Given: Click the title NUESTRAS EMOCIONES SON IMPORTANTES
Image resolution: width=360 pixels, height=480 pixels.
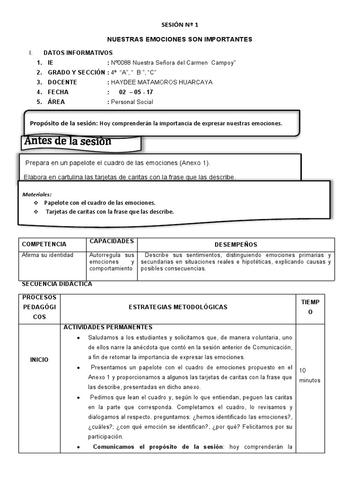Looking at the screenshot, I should coord(180,39).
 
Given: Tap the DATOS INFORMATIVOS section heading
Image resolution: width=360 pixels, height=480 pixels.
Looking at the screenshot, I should coord(78,53).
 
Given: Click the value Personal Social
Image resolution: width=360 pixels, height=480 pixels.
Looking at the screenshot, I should coord(132,102).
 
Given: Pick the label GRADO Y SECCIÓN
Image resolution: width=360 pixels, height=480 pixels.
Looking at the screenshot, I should coord(76,72).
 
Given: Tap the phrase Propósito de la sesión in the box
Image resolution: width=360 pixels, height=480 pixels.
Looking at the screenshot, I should coord(64,123).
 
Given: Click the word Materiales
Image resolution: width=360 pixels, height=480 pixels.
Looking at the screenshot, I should coord(37,194).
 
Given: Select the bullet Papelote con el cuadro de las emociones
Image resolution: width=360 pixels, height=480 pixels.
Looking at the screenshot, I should coord(99,203).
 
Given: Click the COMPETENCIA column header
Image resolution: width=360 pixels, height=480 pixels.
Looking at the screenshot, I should coord(45,244).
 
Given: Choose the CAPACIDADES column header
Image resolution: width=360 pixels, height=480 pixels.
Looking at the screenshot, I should coord(112,241).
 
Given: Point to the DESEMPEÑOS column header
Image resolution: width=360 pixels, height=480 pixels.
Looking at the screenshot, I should coord(236,245).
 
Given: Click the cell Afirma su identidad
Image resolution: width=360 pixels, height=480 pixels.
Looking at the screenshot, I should coord(48,255).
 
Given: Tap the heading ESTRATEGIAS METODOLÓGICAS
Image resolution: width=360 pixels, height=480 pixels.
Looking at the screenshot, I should coord(178,307).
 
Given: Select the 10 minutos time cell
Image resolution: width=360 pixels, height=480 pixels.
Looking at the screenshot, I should coord(309,375).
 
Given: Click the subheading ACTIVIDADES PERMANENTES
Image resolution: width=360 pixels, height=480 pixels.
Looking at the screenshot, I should coord(108,327).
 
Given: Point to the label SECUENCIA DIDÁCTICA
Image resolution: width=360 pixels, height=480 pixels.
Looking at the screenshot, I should coord(57,284).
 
